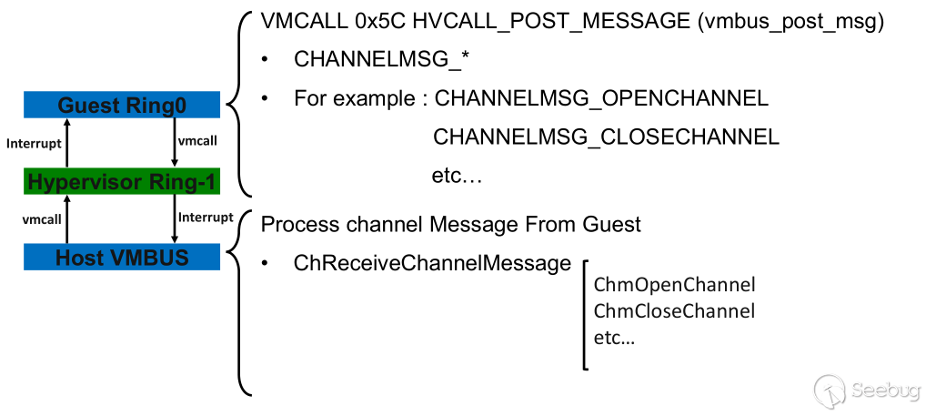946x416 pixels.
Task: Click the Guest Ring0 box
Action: [x=122, y=106]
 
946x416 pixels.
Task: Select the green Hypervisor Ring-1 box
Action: [x=122, y=182]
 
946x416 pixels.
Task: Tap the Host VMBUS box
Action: [x=122, y=258]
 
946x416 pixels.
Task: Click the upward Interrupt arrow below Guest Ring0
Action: [x=69, y=143]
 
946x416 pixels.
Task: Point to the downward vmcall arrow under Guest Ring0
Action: [x=174, y=143]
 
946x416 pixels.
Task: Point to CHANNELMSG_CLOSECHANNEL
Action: [x=607, y=137]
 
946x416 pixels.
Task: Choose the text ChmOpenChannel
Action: [x=674, y=285]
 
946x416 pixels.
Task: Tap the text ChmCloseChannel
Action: [x=674, y=311]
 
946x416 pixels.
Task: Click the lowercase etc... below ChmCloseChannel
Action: [x=614, y=338]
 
